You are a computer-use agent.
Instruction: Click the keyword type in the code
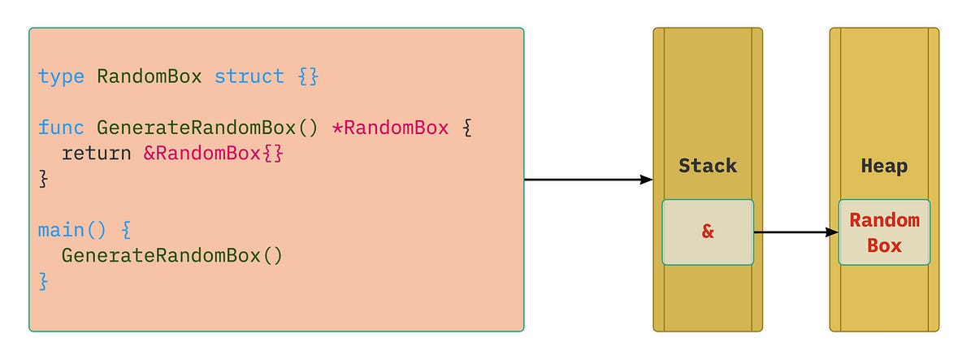(62, 77)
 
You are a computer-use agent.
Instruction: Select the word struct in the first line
(249, 77)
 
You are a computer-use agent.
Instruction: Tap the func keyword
(62, 128)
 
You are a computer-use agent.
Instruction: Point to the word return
(96, 154)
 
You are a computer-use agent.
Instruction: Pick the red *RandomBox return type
(390, 128)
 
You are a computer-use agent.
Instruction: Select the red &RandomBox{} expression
(214, 154)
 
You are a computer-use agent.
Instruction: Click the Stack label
(708, 166)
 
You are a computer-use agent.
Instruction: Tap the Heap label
(884, 166)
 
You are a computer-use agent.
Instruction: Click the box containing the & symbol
(708, 232)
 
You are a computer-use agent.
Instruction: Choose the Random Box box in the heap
(884, 232)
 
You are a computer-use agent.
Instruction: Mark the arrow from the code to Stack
(588, 180)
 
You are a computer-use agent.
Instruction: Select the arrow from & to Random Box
(796, 232)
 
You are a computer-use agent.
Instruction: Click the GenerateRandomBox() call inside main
(172, 256)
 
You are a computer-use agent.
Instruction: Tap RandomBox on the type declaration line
(149, 77)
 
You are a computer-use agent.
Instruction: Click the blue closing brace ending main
(44, 282)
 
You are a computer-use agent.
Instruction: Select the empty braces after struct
(308, 77)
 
